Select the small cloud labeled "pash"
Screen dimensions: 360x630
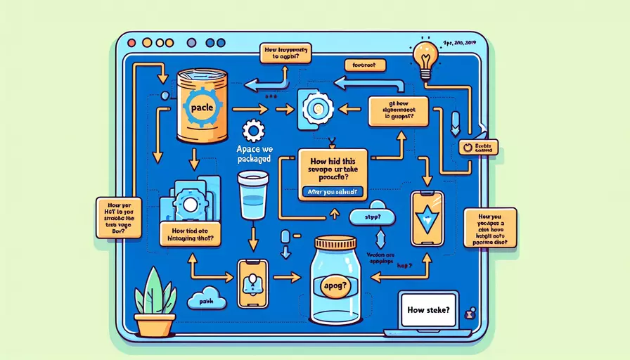coord(207,300)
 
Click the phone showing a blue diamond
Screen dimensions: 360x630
coord(427,217)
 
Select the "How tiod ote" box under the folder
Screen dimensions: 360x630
coord(191,233)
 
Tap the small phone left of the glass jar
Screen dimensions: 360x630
coord(252,283)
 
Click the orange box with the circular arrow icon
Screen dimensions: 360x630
coord(480,146)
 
